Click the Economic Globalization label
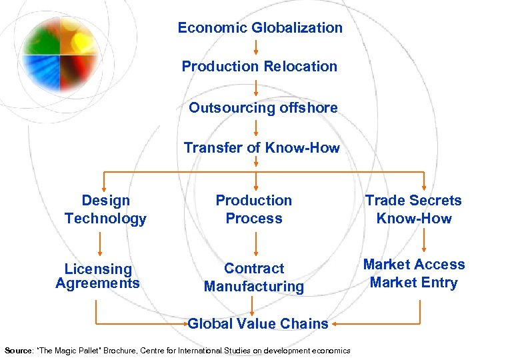click(260, 28)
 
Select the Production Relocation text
click(259, 67)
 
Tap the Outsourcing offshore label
click(263, 107)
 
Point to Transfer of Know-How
click(261, 147)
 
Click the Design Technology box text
click(105, 209)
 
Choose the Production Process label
click(253, 209)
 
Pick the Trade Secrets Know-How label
click(413, 209)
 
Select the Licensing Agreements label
click(98, 276)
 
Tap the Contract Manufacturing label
click(253, 277)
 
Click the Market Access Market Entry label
click(414, 273)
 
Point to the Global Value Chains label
click(258, 324)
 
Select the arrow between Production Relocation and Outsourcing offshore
click(257, 87)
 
